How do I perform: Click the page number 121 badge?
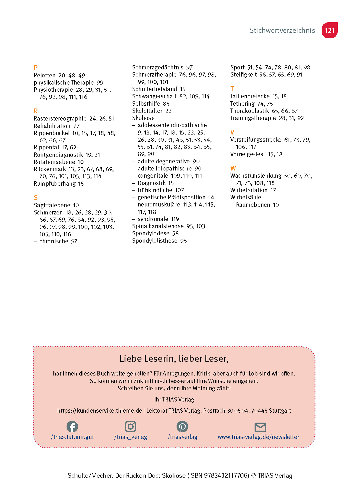pos(329,30)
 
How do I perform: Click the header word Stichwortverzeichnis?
pos(282,31)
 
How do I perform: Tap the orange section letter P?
pos(36,68)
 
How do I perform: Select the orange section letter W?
pos(233,168)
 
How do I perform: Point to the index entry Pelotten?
pos(45,75)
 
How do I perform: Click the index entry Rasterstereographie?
pos(60,119)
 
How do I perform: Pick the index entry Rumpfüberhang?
pos(55,184)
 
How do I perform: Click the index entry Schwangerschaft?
pos(154,96)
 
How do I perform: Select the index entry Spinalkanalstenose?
pos(158,226)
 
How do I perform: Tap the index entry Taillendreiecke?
pos(250,96)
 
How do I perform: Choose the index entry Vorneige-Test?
pos(247,154)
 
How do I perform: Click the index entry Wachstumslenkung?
pos(256,176)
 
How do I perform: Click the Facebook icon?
pos(72,427)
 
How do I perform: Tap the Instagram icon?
pos(131,427)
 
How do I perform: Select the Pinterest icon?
pos(182,427)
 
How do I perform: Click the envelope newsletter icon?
pos(260,427)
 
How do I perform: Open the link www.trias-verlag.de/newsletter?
pos(258,437)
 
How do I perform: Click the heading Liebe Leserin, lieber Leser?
pos(174,359)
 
